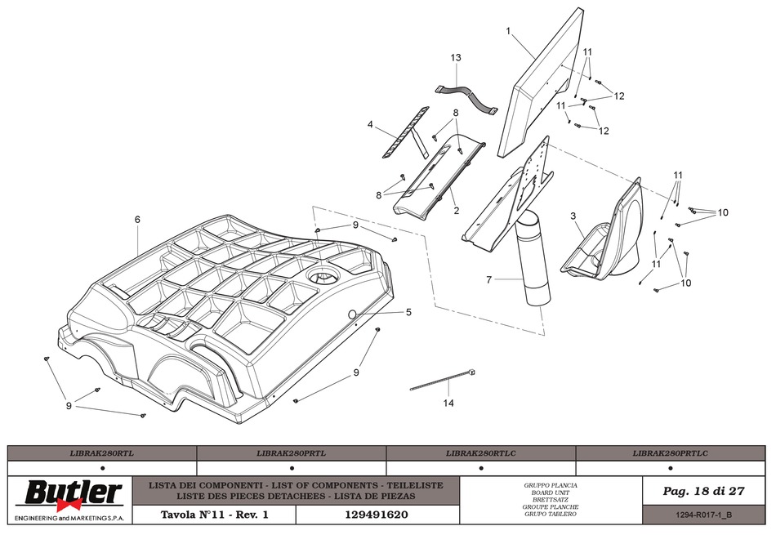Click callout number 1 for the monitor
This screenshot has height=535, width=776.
508,31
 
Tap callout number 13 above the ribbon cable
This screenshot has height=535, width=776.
456,57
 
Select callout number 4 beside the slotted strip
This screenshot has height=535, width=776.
370,124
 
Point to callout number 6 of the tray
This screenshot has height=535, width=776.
137,219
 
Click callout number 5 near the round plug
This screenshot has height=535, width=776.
408,312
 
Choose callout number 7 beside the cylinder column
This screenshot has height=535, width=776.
489,280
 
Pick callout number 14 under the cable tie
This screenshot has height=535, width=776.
448,403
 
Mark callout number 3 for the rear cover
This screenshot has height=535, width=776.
573,216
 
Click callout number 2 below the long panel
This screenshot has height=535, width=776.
457,211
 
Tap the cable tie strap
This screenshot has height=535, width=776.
443,380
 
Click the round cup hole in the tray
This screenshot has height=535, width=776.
323,276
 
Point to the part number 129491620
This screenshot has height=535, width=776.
376,515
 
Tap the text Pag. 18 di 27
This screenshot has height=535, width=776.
704,491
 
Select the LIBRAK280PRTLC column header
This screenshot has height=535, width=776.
670,453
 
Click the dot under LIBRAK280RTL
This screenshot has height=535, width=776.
102,468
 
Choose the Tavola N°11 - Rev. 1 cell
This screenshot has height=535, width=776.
215,515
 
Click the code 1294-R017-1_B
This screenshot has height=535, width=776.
703,515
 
